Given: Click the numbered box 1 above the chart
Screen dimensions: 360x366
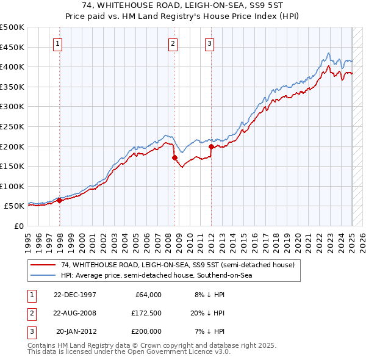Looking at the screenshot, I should (57, 43).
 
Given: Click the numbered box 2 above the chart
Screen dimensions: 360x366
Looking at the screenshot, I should (173, 43).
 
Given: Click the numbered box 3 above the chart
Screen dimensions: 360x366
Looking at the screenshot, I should (209, 43).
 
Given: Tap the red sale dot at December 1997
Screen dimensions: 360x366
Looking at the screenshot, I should (60, 200).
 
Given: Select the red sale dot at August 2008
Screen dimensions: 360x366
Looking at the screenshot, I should (175, 157).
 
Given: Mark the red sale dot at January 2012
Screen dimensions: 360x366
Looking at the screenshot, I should (212, 146).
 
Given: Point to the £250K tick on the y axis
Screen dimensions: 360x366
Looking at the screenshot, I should (13, 126).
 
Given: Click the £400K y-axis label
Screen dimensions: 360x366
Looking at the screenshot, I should (13, 67).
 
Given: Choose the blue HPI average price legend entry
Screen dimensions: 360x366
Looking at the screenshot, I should (156, 275).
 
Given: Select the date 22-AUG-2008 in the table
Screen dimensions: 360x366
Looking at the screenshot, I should (75, 313).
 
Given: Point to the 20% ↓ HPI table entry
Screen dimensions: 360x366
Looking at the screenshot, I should (208, 313).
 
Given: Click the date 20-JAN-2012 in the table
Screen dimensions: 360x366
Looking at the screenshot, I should (76, 331).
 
